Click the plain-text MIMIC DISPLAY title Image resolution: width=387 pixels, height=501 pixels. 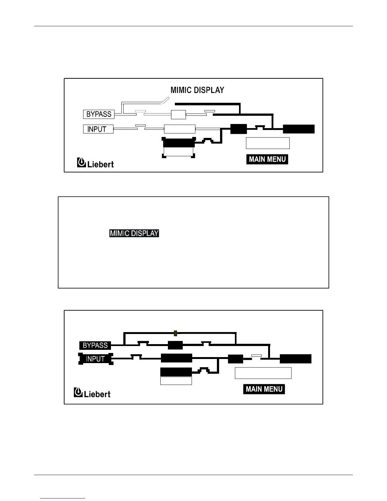coord(197,90)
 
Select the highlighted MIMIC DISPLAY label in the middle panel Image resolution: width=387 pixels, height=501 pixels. coord(134,233)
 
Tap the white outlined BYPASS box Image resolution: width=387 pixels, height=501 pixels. coord(99,114)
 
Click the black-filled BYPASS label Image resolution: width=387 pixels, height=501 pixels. coord(95,345)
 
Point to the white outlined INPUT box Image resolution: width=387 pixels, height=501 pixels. coord(98,129)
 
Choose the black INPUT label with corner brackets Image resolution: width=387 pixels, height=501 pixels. coord(95,359)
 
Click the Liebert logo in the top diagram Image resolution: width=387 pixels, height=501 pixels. coord(95,163)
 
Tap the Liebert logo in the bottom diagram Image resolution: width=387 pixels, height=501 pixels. coord(92,393)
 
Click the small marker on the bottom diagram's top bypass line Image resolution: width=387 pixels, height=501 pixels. coord(176,333)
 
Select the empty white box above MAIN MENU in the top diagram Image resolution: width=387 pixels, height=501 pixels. coord(267,143)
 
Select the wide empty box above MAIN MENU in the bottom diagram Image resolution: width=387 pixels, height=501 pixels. coord(263,373)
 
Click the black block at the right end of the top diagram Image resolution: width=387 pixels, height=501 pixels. coord(298,129)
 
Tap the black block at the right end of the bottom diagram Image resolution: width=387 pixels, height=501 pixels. coord(296,359)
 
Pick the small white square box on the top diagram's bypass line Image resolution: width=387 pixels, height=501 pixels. coord(178,114)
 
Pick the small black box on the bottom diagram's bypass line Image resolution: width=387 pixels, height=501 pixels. coord(175,345)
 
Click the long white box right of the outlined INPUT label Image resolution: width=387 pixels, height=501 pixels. coord(180,129)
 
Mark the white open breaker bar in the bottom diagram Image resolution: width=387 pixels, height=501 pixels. coord(256,356)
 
